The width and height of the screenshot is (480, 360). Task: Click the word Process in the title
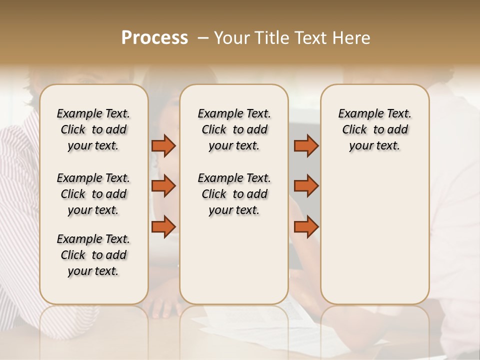(154, 38)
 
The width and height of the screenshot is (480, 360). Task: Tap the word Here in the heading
(351, 38)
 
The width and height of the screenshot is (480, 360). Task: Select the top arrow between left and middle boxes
(163, 146)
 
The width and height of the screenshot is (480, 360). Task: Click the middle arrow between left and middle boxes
(163, 186)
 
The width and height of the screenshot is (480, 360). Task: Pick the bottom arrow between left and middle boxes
(163, 226)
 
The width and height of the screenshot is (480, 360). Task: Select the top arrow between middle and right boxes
(306, 146)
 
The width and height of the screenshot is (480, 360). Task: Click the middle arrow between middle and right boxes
(306, 186)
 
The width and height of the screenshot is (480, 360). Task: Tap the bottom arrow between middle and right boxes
(306, 226)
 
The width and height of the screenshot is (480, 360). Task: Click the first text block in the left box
(93, 129)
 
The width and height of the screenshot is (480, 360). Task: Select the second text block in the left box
(93, 194)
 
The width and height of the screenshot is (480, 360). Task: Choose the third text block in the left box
(93, 255)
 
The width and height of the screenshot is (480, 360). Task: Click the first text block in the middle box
(234, 129)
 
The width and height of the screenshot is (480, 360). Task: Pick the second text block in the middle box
(234, 194)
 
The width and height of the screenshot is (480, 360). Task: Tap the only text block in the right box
(375, 129)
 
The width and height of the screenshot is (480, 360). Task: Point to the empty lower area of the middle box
(234, 260)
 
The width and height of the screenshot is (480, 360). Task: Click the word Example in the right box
(356, 114)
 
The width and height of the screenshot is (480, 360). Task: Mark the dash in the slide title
(203, 38)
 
